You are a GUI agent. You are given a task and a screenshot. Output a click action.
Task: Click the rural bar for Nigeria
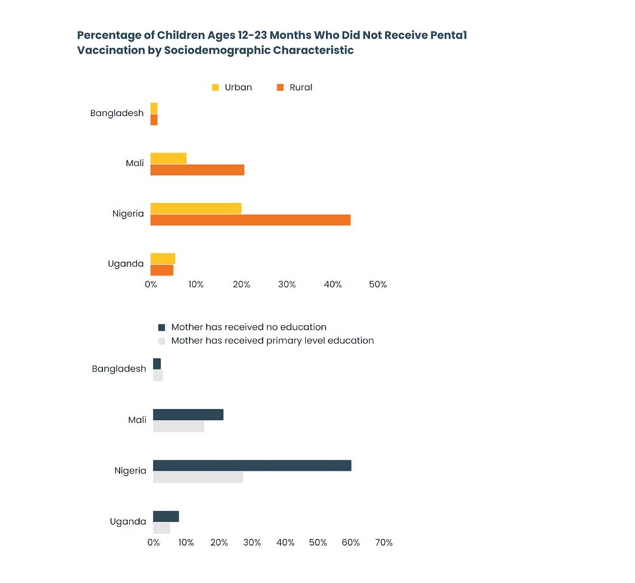pos(250,220)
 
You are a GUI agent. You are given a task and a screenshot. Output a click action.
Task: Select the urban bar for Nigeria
pos(196,209)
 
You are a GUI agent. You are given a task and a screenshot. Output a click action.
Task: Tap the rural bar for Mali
pos(197,170)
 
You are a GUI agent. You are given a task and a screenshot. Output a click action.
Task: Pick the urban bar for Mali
pos(168,158)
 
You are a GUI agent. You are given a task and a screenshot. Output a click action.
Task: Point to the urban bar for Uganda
pos(163,258)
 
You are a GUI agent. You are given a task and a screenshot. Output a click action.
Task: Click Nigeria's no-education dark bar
pos(251,466)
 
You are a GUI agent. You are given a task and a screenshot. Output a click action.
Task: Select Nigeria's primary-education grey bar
pos(197,477)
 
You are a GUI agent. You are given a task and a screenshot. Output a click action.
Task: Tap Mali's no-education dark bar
pos(188,415)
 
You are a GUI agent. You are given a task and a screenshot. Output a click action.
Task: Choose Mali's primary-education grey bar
pos(178,426)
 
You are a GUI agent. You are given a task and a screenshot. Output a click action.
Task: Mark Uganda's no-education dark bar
pos(166,516)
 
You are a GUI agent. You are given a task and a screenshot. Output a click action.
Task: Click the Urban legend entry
pos(231,88)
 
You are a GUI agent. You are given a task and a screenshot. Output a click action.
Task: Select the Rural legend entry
pos(293,88)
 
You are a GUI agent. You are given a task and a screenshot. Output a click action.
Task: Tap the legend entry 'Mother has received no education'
pos(241,327)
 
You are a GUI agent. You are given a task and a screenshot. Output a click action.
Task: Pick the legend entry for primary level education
pos(265,341)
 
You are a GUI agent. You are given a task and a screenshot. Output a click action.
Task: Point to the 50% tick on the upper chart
pos(378,285)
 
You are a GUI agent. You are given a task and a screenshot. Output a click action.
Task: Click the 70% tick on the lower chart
pos(384,543)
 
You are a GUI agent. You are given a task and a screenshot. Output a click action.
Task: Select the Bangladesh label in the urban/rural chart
pos(117,114)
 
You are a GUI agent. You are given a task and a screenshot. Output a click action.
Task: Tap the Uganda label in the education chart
pos(128,521)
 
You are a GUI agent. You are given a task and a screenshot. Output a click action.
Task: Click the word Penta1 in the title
pos(447,36)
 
